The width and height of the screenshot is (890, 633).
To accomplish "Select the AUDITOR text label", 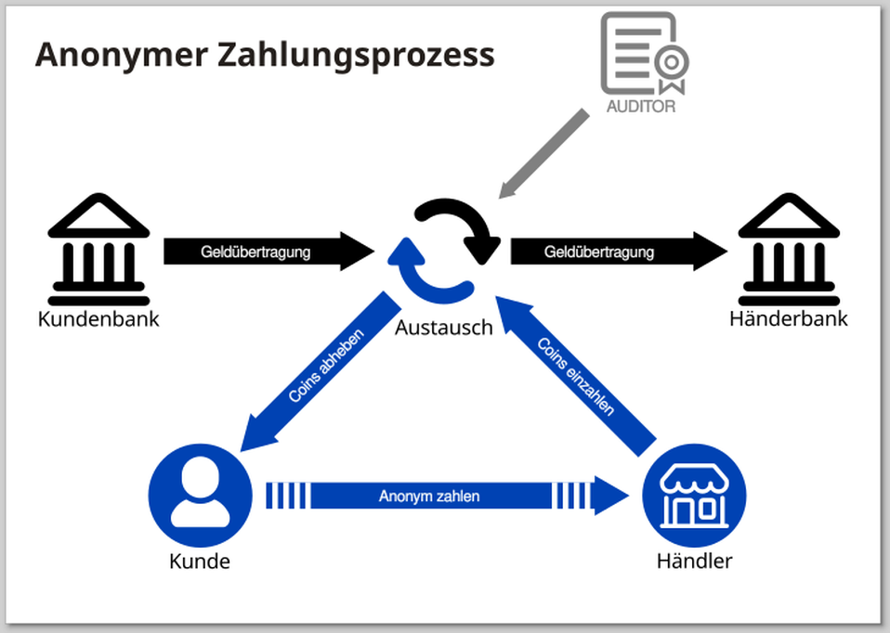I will click(641, 106).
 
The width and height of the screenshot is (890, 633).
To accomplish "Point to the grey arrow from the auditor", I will click(544, 153).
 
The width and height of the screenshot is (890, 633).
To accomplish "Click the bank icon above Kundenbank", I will click(99, 250).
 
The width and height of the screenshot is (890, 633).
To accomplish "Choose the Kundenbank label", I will click(99, 319).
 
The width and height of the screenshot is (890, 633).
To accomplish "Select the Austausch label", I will click(444, 328).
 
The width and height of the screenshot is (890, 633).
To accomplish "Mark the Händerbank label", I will click(789, 319).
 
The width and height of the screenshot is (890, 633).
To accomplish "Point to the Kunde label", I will click(200, 561).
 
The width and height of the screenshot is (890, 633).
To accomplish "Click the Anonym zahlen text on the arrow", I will click(429, 497).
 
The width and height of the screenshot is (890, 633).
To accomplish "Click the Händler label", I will click(694, 561).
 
